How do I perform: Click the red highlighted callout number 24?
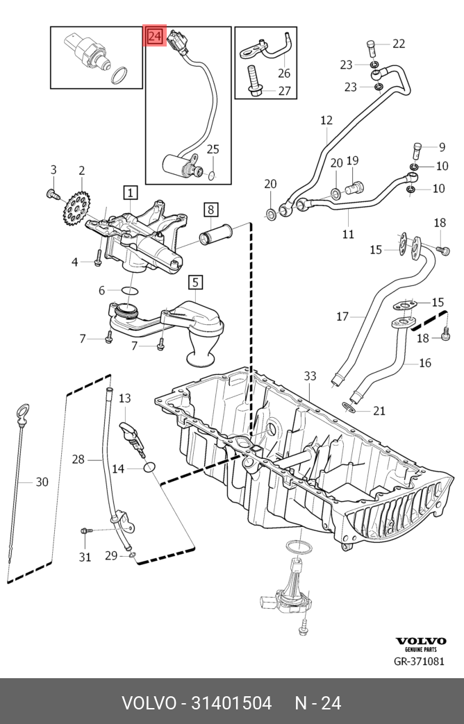coord(154,36)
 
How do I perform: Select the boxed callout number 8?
coord(210,209)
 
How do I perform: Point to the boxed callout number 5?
coord(195,282)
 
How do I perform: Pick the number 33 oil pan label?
coord(310,376)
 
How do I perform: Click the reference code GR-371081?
coord(419,662)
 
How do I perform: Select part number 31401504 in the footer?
coord(226,703)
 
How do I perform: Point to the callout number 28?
coord(78,459)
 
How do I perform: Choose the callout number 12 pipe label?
coord(326,120)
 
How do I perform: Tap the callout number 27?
coord(285,91)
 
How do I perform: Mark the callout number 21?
coord(379,411)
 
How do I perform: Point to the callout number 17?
coord(342,317)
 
